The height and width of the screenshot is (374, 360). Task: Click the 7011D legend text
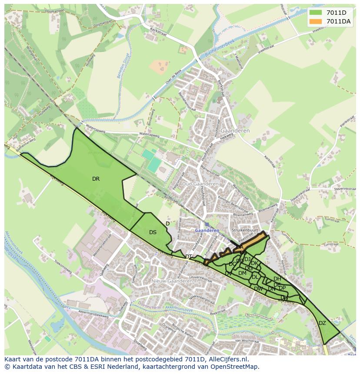point(336,13)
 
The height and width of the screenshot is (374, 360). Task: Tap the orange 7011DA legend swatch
point(316,21)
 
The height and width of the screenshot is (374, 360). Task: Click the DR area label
point(96,179)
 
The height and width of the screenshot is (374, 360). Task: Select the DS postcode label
point(153,232)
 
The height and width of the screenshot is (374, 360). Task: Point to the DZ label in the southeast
point(322,323)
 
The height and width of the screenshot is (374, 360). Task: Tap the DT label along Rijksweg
point(189,257)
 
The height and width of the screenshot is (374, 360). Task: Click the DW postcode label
point(258,288)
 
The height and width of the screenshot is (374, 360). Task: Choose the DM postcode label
point(242,273)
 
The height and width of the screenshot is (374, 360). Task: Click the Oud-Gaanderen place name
point(200,184)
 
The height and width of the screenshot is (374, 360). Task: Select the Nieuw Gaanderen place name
point(172,281)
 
